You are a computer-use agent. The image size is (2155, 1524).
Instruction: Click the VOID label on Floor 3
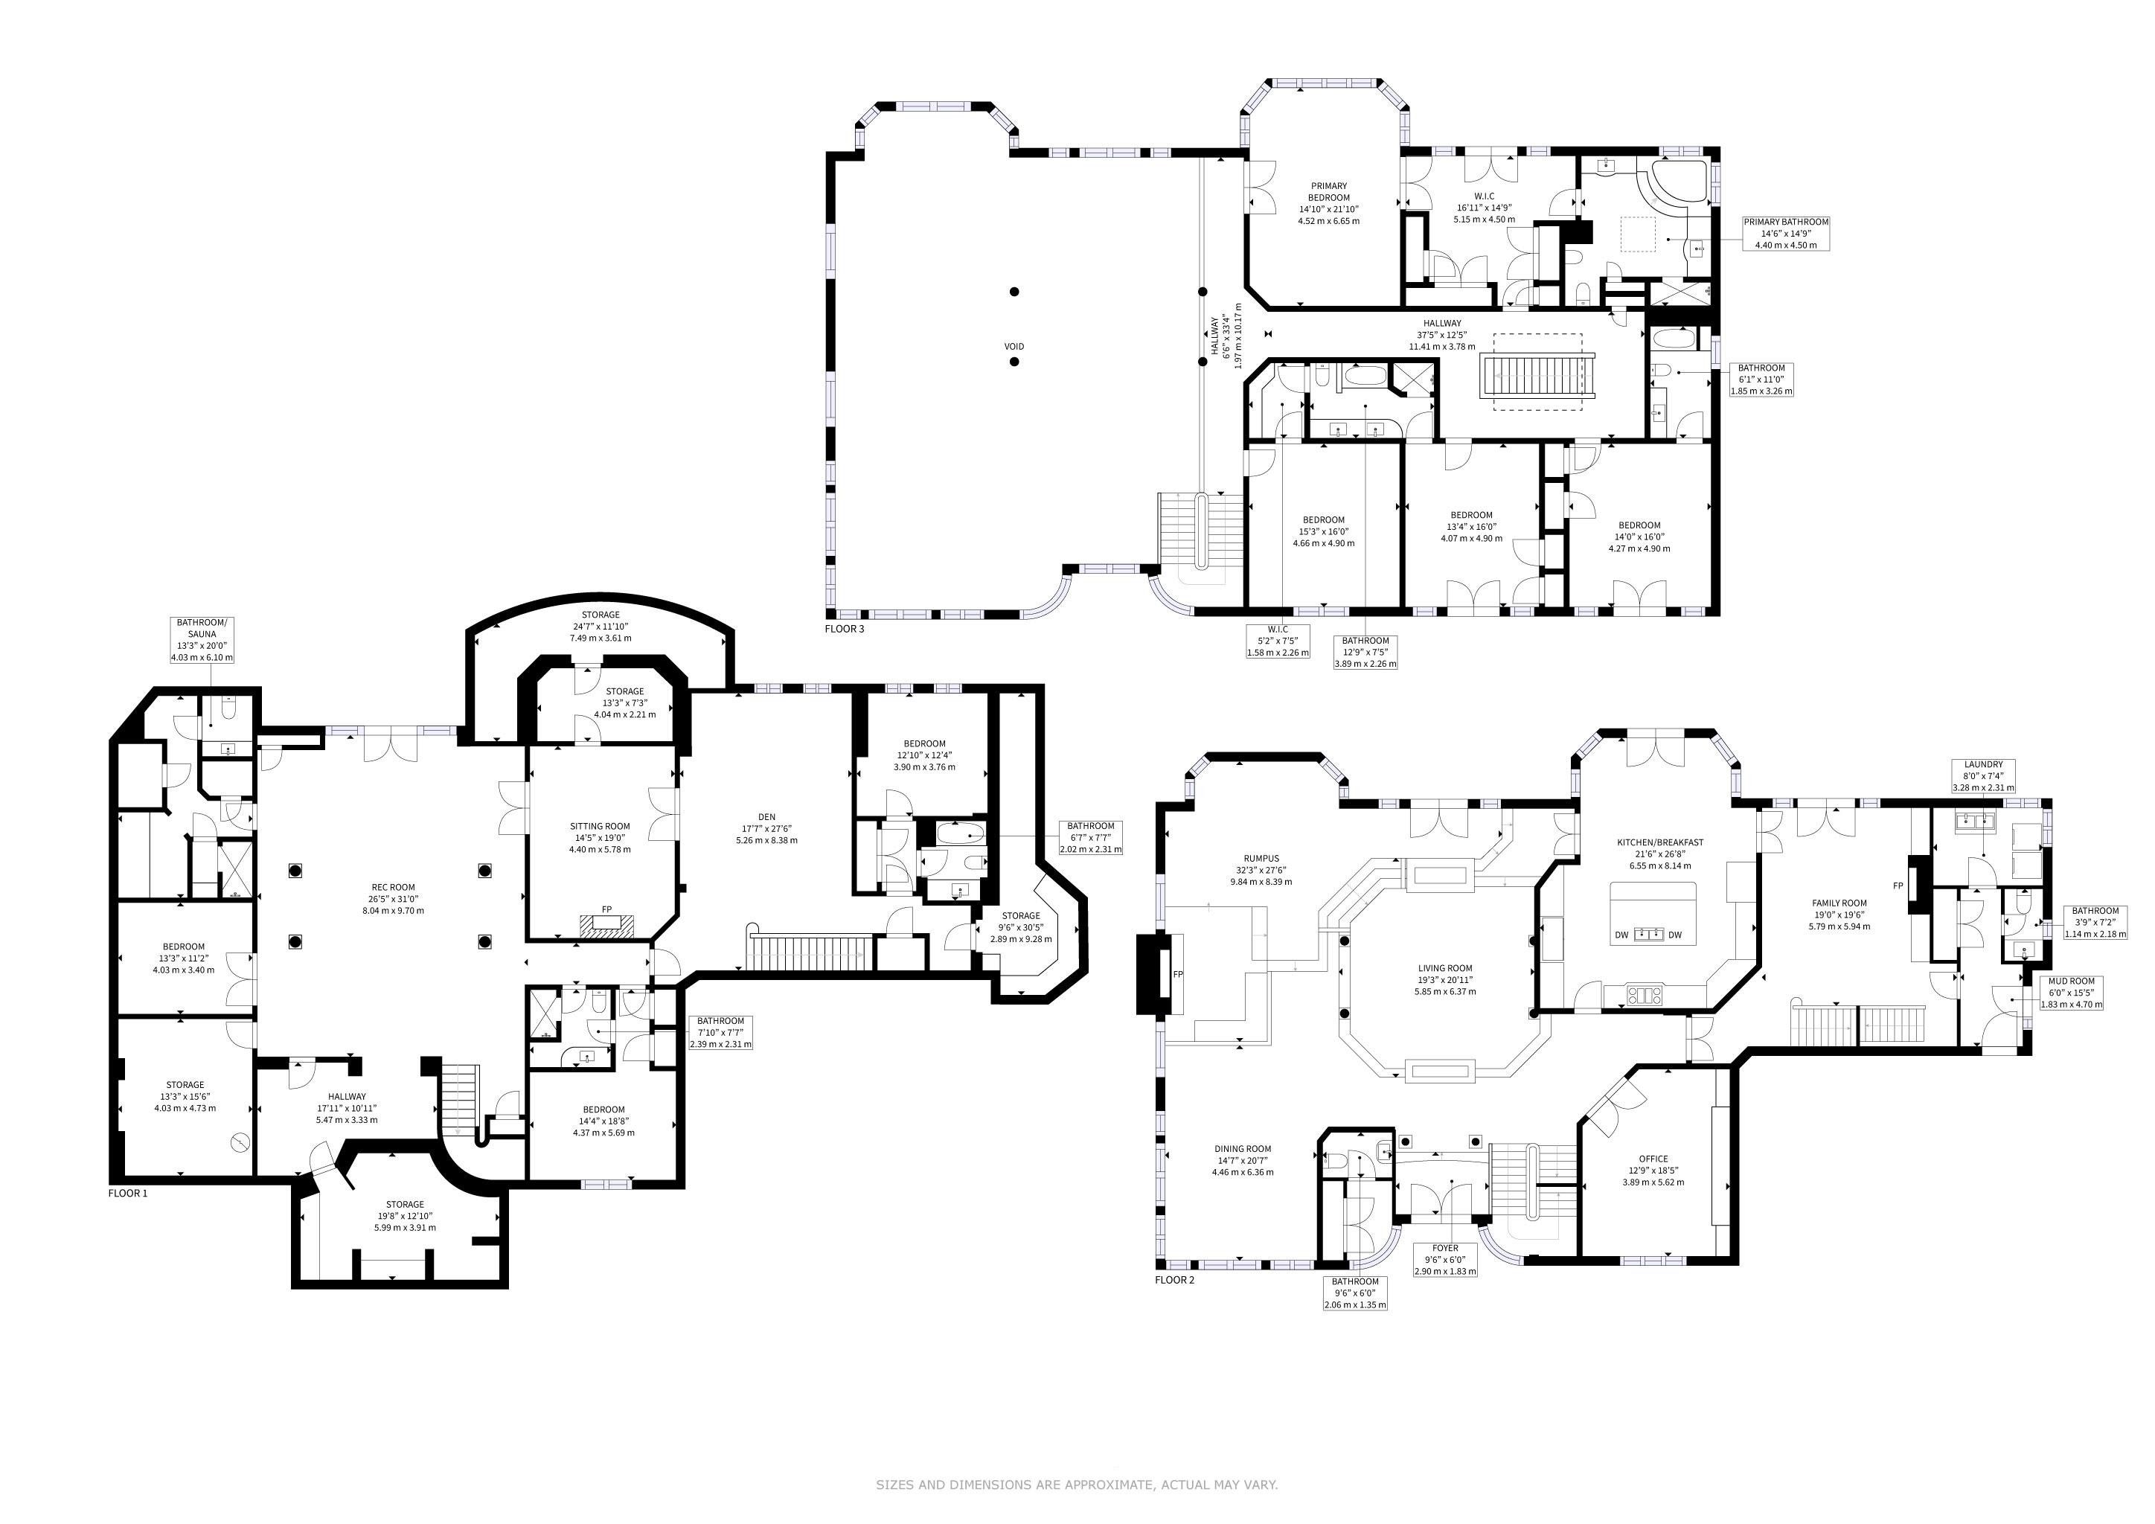click(x=1014, y=346)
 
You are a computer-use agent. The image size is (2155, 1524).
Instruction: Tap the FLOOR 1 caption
click(x=129, y=1194)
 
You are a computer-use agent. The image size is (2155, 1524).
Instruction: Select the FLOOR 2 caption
click(x=1175, y=1280)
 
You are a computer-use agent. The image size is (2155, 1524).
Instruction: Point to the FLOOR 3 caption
click(x=845, y=629)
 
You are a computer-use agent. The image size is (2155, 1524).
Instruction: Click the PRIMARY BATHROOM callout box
click(x=1786, y=234)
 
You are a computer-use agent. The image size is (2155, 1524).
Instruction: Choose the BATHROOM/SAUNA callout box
click(x=202, y=640)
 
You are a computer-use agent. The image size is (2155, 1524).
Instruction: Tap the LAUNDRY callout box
click(x=1983, y=776)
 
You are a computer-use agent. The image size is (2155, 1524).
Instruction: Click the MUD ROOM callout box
click(x=2069, y=992)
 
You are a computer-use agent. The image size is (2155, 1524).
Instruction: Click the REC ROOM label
click(x=393, y=898)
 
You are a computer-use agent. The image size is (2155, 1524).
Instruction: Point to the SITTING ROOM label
click(x=601, y=838)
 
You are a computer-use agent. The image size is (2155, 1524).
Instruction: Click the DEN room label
click(x=767, y=829)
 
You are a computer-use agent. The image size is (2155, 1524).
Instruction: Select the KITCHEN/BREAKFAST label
click(x=1659, y=854)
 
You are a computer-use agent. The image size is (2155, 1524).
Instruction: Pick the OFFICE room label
click(x=1653, y=1171)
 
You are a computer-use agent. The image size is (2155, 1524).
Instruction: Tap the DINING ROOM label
click(x=1243, y=1160)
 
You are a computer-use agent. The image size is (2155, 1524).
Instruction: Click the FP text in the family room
click(x=1898, y=886)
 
